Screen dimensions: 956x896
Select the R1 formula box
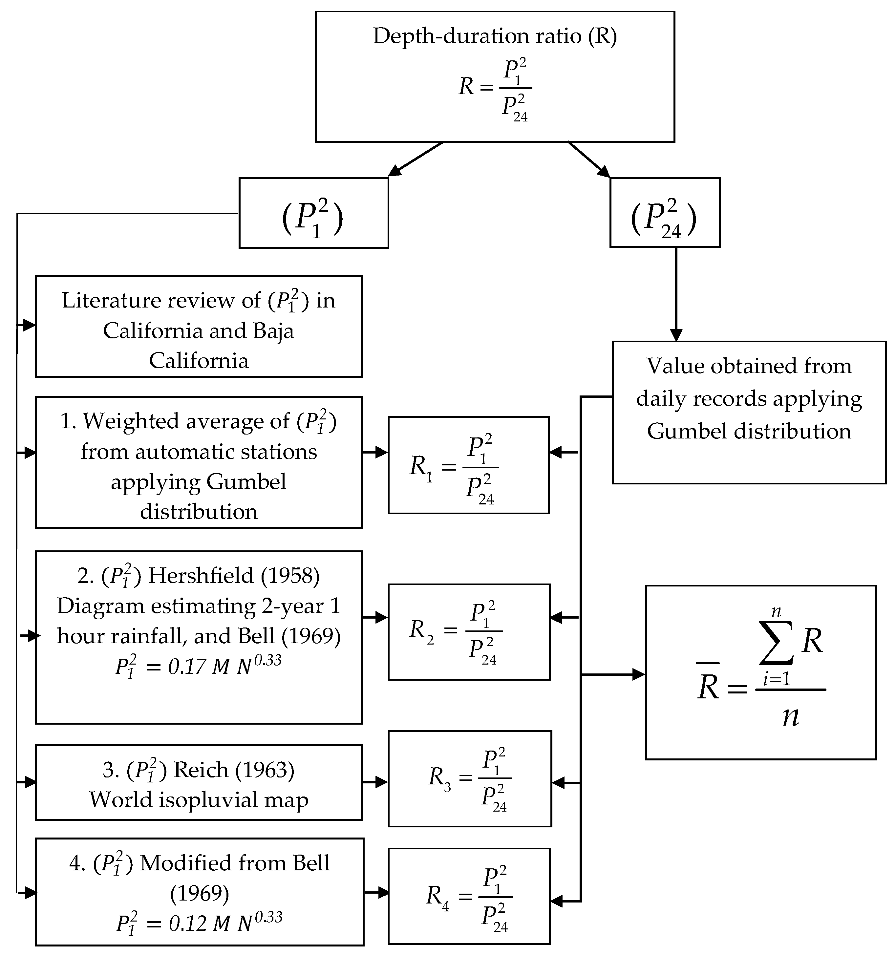468,465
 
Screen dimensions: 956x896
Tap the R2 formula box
469,631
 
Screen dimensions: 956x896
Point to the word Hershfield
200,576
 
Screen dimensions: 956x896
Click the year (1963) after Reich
265,770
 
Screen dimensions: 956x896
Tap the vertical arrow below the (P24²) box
676,293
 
